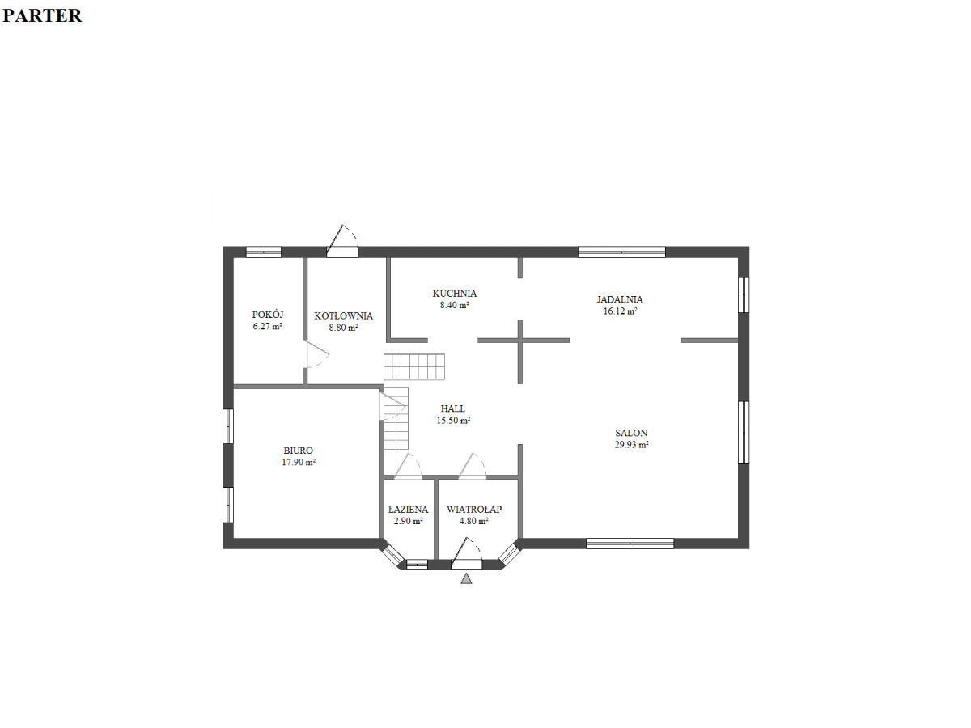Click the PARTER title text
(42, 16)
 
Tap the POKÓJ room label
(268, 315)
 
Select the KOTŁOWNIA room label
(344, 316)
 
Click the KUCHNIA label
(454, 294)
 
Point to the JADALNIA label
(620, 299)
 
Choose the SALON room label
(631, 434)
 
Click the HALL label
(453, 408)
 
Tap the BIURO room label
(298, 451)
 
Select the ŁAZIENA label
(408, 510)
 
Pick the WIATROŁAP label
(474, 510)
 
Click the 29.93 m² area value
(631, 445)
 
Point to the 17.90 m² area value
(299, 463)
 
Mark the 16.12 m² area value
(620, 311)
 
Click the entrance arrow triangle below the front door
(466, 578)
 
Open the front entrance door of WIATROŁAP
(466, 553)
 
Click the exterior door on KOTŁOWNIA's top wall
(342, 241)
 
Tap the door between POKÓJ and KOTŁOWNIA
(316, 353)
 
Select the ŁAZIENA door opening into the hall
(408, 466)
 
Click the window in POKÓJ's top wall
(263, 252)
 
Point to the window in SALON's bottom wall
(630, 544)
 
